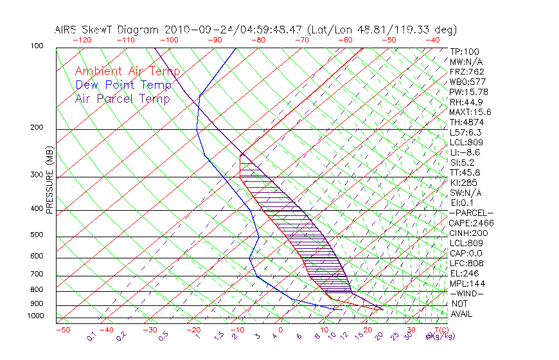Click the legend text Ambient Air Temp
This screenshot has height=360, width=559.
pos(127,71)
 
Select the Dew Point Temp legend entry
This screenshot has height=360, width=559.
pos(123,85)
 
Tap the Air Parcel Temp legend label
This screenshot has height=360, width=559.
pos(123,98)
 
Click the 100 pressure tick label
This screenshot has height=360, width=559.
pos(37,46)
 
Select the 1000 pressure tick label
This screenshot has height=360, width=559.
pos(35,316)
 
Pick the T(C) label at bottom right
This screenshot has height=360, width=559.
pos(440,330)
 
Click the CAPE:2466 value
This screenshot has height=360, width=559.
pos(472,223)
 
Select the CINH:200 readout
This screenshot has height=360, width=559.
pos(468,233)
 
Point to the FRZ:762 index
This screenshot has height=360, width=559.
pos(466,71)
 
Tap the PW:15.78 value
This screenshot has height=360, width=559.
pos(469,92)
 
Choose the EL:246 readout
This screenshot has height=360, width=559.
pos(464,273)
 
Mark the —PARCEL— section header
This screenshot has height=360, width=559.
pos(471,213)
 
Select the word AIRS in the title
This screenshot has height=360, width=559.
pos(68,30)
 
